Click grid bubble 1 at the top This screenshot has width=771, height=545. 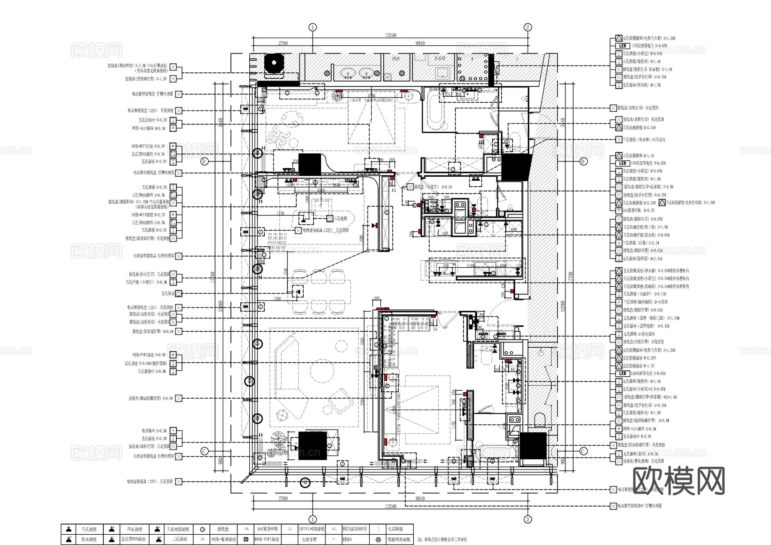(x=313, y=27)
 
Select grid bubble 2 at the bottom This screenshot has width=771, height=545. (x=528, y=519)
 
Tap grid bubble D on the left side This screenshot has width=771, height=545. (x=204, y=161)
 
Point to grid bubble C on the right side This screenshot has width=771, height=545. (x=583, y=451)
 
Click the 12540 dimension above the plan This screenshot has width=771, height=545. (x=390, y=36)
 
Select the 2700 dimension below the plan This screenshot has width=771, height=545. (x=283, y=498)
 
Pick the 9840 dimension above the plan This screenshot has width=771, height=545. (x=420, y=43)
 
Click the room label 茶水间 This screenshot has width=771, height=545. (x=440, y=58)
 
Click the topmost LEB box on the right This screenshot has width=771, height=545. (x=622, y=46)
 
